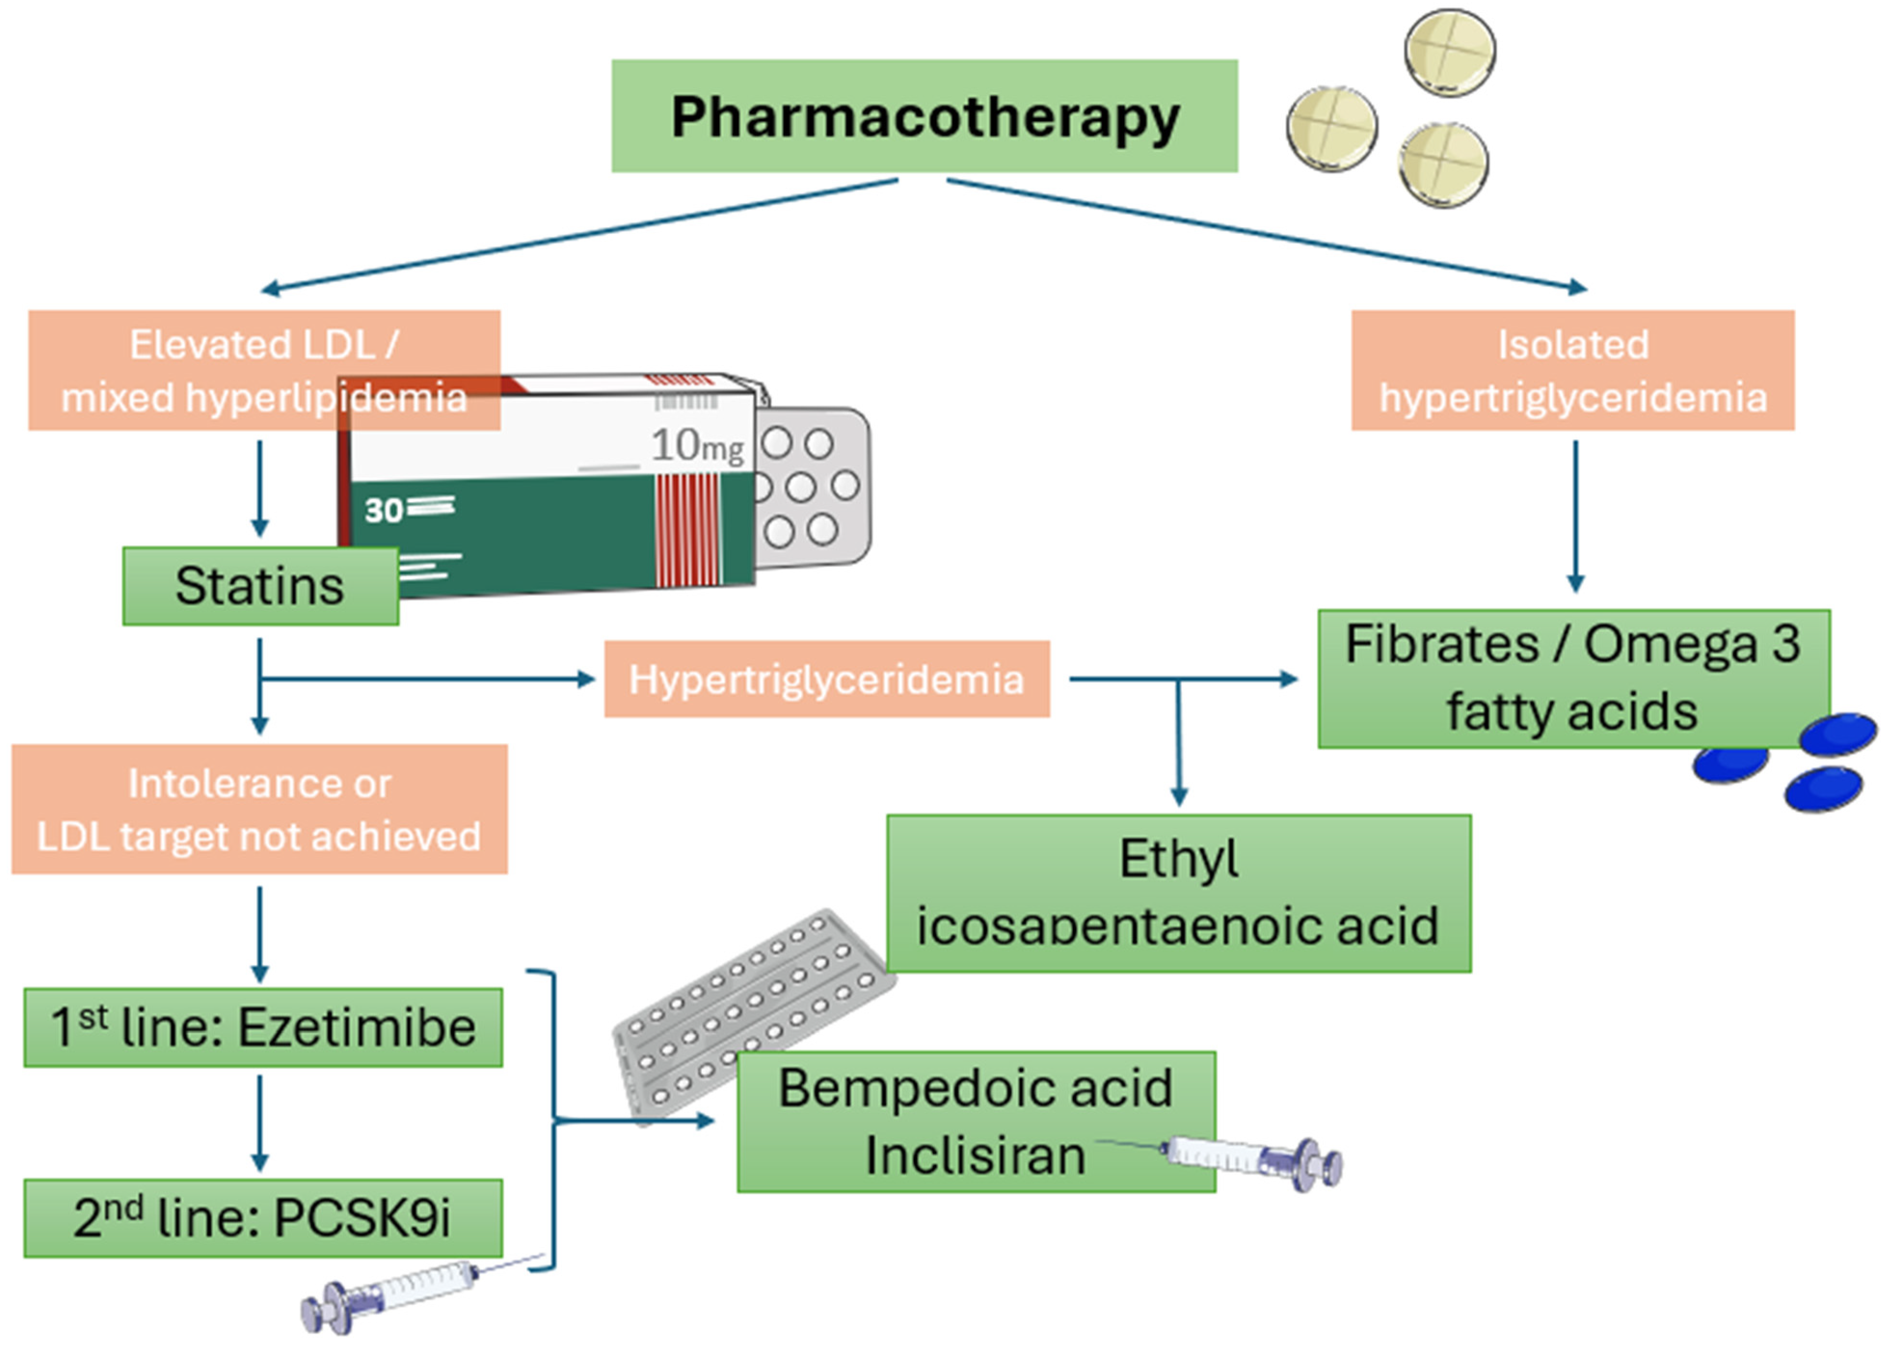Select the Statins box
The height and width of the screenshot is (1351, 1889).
(259, 586)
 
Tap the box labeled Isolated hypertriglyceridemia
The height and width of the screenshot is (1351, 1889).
(1572, 370)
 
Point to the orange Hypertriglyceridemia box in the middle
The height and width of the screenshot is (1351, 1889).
(827, 679)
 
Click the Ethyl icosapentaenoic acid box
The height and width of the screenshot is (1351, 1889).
(1178, 892)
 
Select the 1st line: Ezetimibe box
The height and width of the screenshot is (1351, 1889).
(263, 1027)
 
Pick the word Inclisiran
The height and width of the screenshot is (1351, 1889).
(975, 1156)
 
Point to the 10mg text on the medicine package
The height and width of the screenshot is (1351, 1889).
(697, 446)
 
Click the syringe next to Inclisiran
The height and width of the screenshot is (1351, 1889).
(1247, 1159)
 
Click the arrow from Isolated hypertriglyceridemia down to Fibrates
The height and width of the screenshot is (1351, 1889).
(1575, 516)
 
